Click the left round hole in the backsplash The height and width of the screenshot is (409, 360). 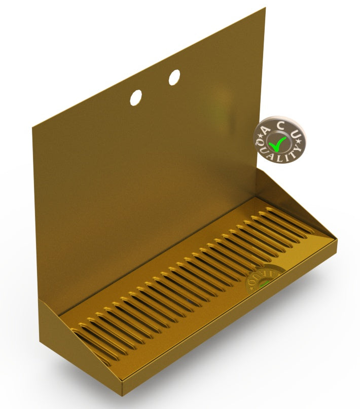[136, 97]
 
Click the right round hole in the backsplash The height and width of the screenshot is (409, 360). [174, 77]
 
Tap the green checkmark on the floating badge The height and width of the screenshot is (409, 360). [278, 143]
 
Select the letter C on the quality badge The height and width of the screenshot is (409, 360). [280, 125]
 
